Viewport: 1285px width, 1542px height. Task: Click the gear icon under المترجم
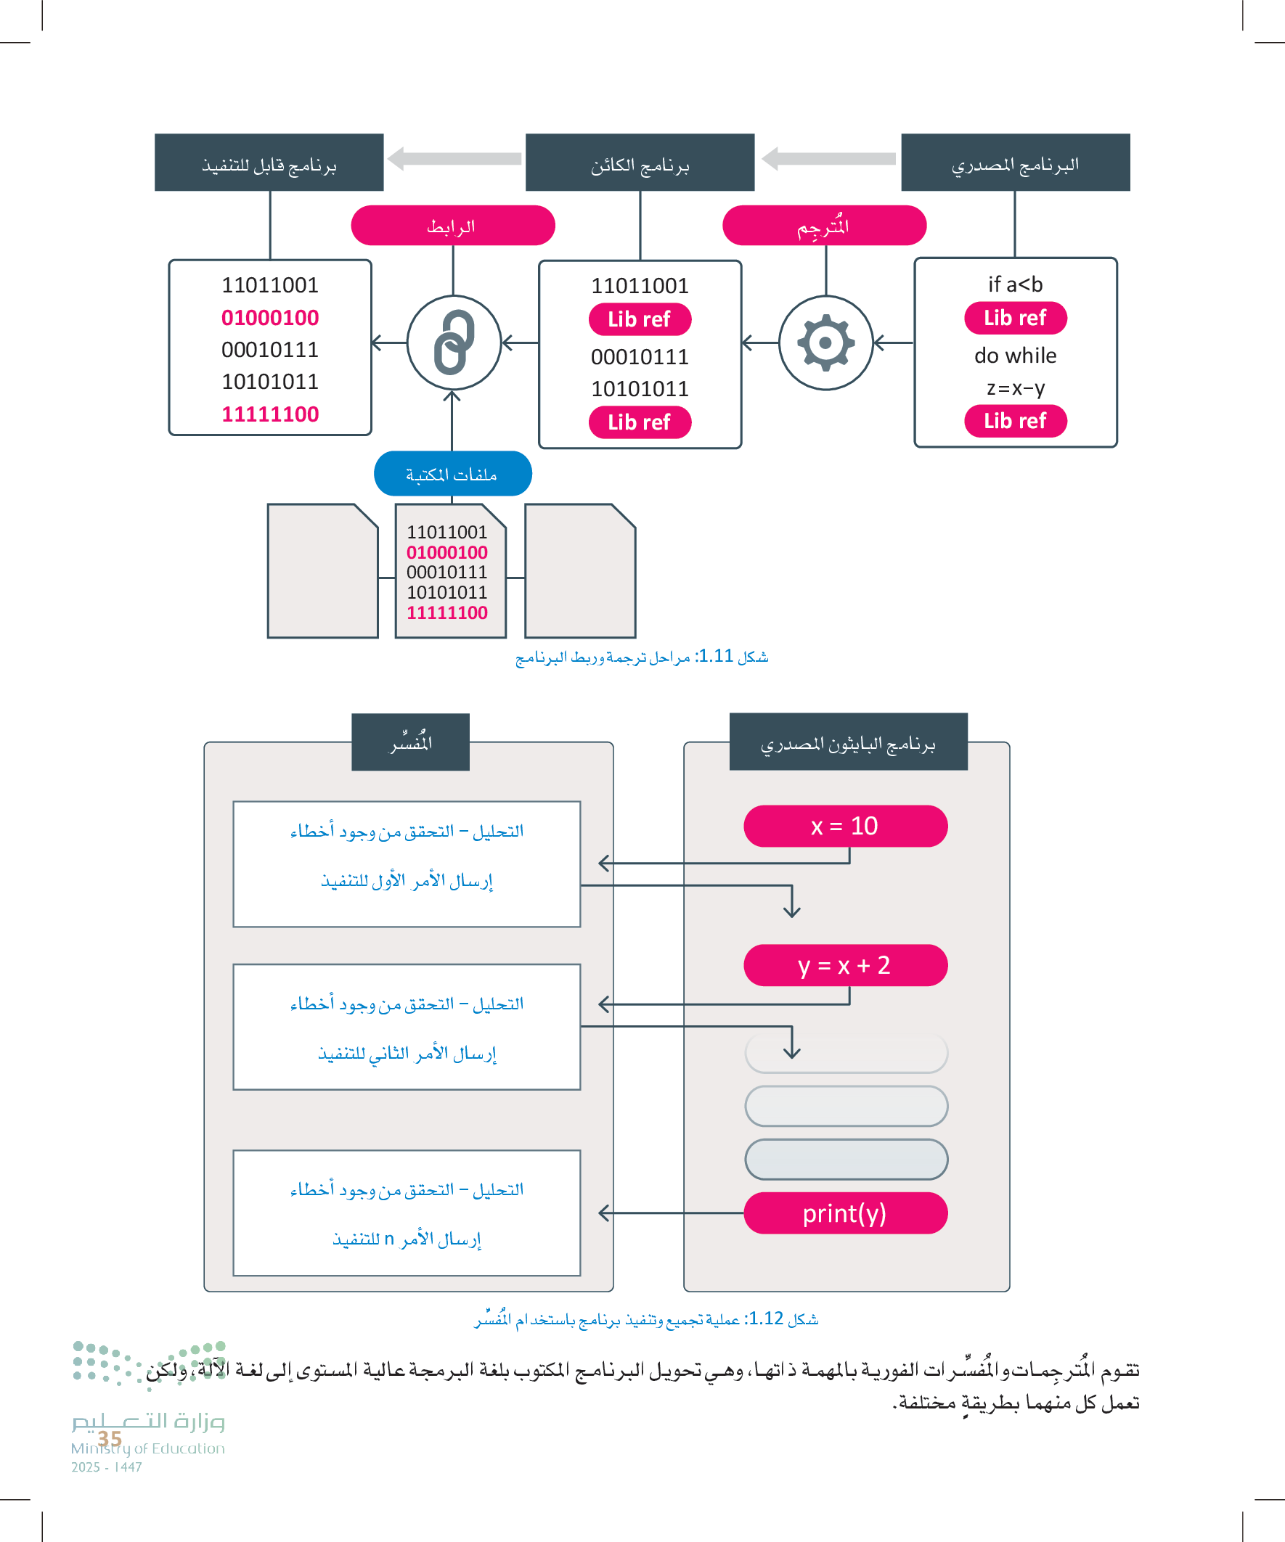pyautogui.click(x=825, y=343)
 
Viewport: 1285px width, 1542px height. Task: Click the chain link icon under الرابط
pyautogui.click(x=453, y=343)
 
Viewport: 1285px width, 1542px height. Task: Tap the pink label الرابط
pyautogui.click(x=452, y=226)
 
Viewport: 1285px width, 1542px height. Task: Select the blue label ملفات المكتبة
pyautogui.click(x=452, y=474)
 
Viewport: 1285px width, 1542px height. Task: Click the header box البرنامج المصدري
pyautogui.click(x=1015, y=163)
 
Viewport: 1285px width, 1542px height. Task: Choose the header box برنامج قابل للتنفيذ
pyautogui.click(x=269, y=163)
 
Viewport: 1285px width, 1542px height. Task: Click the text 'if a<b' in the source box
pyautogui.click(x=1015, y=284)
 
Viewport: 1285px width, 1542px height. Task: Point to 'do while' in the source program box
pyautogui.click(x=1015, y=356)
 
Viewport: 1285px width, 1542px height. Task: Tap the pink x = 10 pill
pyautogui.click(x=845, y=826)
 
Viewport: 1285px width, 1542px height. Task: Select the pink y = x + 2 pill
pyautogui.click(x=845, y=965)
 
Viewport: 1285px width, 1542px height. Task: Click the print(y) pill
pyautogui.click(x=845, y=1213)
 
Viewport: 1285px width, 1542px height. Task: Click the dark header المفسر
pyautogui.click(x=410, y=742)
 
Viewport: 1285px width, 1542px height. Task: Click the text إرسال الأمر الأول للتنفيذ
pyautogui.click(x=407, y=880)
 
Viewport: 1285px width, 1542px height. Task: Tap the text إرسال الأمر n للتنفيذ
pyautogui.click(x=407, y=1239)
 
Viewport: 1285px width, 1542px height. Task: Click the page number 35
pyautogui.click(x=110, y=1438)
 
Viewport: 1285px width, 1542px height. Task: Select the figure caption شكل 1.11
pyautogui.click(x=641, y=657)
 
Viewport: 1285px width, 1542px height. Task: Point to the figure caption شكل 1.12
pyautogui.click(x=646, y=1319)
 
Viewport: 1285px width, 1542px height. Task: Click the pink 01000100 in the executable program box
pyautogui.click(x=269, y=317)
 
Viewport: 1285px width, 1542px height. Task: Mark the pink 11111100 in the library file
pyautogui.click(x=446, y=612)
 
